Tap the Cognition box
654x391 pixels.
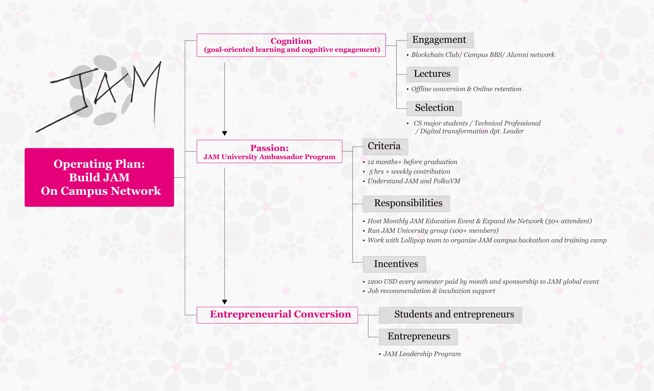coord(291,45)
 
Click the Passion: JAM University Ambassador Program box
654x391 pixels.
coord(269,151)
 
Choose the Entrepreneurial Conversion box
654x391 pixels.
coord(277,315)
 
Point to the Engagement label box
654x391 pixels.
coord(440,40)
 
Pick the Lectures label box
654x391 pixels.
coord(432,74)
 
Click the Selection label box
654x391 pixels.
coord(434,108)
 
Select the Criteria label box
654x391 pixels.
coord(385,146)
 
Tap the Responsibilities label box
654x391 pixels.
coord(406,204)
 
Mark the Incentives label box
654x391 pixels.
coord(394,264)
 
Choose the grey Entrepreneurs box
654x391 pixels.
coord(418,337)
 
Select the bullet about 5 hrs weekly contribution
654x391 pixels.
coord(409,172)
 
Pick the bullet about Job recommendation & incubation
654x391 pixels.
coord(431,291)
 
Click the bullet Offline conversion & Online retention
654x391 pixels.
coord(466,89)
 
